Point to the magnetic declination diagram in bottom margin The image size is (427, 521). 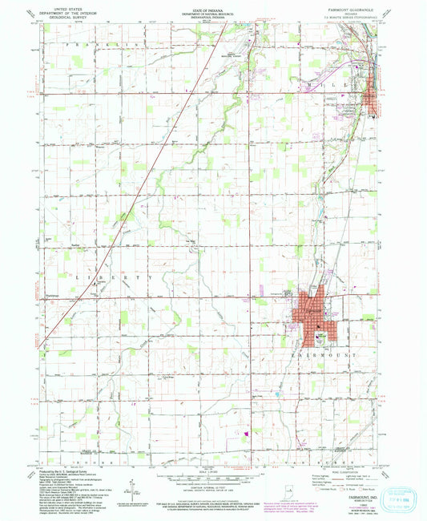coord(128,491)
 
